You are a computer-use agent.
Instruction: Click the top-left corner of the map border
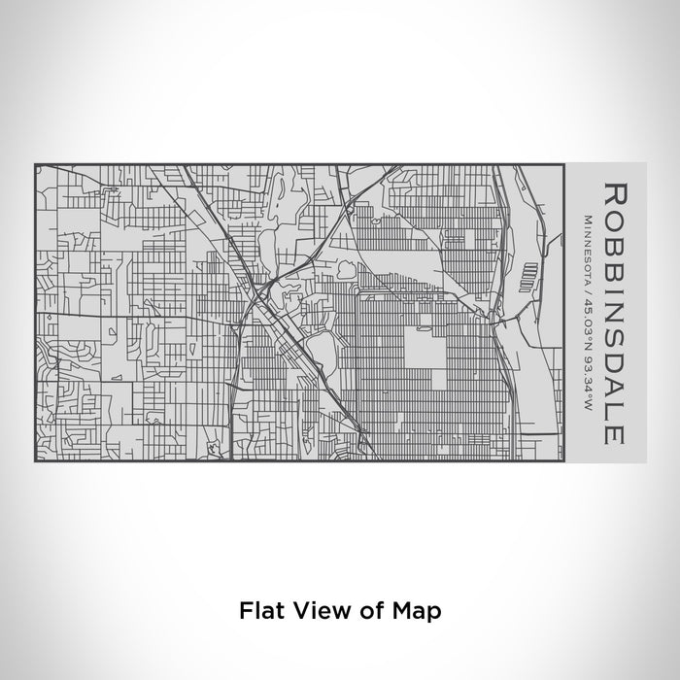(35, 163)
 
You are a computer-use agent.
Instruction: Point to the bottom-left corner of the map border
(35, 459)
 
